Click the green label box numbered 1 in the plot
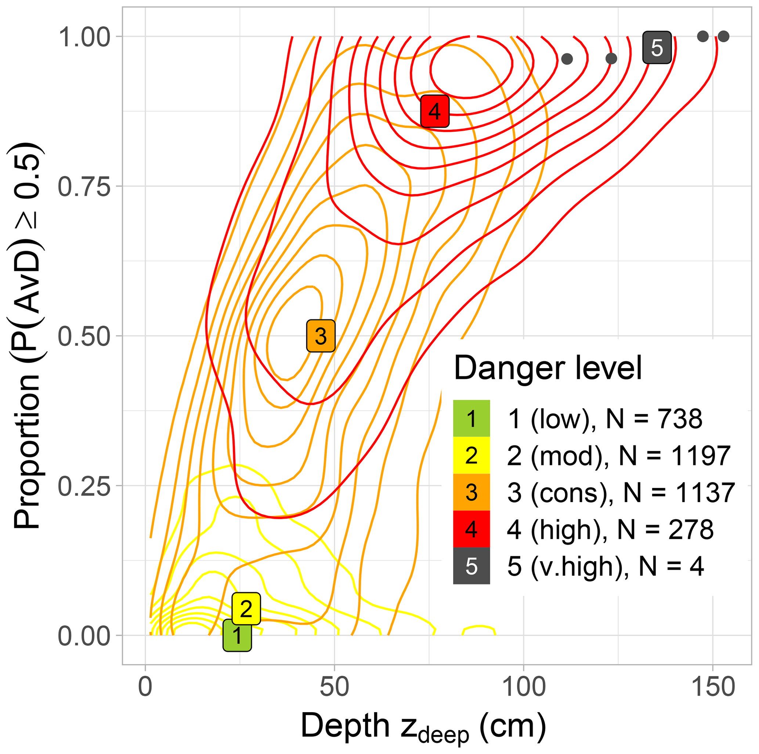pos(237,635)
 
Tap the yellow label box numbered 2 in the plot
pos(246,608)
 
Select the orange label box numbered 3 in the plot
pos(321,336)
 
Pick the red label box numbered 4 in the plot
pos(434,111)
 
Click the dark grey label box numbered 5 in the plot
pos(657,47)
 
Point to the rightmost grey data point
pos(723,36)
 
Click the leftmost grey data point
pos(567,59)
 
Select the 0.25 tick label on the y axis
pos(84,486)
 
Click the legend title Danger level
pos(547,367)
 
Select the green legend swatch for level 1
pos(471,418)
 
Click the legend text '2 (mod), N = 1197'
pos(618,456)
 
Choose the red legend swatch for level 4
pos(471,529)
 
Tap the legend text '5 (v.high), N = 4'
pos(605,566)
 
